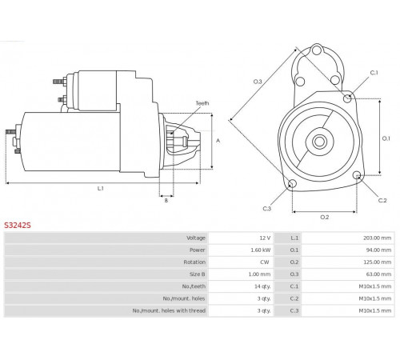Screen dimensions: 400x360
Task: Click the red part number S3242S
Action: [x=18, y=226]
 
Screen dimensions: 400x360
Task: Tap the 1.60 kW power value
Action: [x=261, y=250]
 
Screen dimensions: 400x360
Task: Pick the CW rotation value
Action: [x=265, y=262]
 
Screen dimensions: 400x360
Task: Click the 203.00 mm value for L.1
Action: [x=377, y=238]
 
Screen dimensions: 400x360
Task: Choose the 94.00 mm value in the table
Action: [x=378, y=250]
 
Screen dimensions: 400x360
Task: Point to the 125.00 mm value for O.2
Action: [x=377, y=262]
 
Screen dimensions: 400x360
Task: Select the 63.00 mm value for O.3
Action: [x=378, y=274]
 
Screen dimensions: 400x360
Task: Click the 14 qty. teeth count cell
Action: [x=262, y=286]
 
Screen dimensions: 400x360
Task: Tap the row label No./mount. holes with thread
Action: [x=169, y=310]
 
